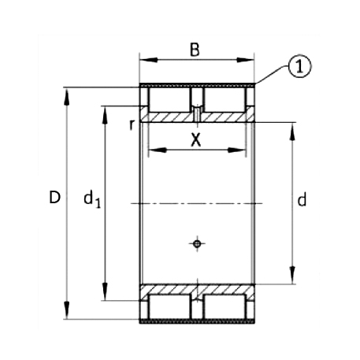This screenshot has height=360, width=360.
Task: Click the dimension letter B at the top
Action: tap(195, 50)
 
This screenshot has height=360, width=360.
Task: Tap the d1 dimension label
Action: tap(91, 200)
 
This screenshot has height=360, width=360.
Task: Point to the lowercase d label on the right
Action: tap(302, 201)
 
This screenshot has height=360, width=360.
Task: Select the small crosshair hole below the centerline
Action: tap(197, 243)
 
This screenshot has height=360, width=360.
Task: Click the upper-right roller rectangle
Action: tap(224, 99)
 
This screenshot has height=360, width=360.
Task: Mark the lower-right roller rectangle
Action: tap(224, 307)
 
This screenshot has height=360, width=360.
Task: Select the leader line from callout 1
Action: tap(272, 76)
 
